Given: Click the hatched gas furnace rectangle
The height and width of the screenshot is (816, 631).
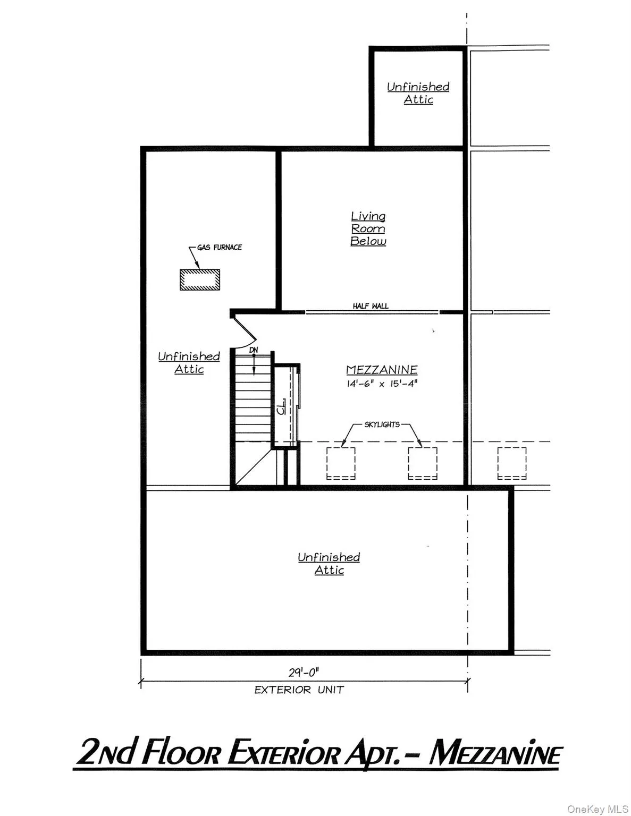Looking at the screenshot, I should click(200, 279).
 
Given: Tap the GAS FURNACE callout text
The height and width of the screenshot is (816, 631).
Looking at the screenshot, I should click(219, 247).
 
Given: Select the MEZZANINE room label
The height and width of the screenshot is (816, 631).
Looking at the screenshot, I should click(382, 370).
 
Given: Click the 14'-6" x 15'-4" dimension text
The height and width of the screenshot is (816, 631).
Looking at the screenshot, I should click(382, 384).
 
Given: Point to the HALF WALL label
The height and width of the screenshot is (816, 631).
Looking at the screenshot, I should click(371, 306).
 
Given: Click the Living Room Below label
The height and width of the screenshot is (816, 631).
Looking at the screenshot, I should click(368, 228).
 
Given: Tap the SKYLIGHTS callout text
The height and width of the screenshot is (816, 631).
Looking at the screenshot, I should click(382, 424).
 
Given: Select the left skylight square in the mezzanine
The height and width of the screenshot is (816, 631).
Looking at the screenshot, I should click(341, 463).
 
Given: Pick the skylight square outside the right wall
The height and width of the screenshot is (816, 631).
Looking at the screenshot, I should click(512, 463).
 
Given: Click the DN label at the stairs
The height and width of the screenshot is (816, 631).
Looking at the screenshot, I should click(254, 350).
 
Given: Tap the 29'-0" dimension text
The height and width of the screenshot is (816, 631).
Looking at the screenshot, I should click(304, 673).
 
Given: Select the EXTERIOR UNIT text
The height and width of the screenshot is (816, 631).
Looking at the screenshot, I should click(299, 690).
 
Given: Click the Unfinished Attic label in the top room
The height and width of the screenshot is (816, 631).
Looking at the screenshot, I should click(418, 93).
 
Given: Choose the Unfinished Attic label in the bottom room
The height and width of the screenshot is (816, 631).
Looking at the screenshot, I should click(329, 564).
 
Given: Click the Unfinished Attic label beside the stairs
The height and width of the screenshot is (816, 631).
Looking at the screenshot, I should click(189, 363).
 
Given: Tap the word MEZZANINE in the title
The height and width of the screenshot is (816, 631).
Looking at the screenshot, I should click(495, 754).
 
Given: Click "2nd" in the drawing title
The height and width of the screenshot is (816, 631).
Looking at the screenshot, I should click(104, 754).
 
